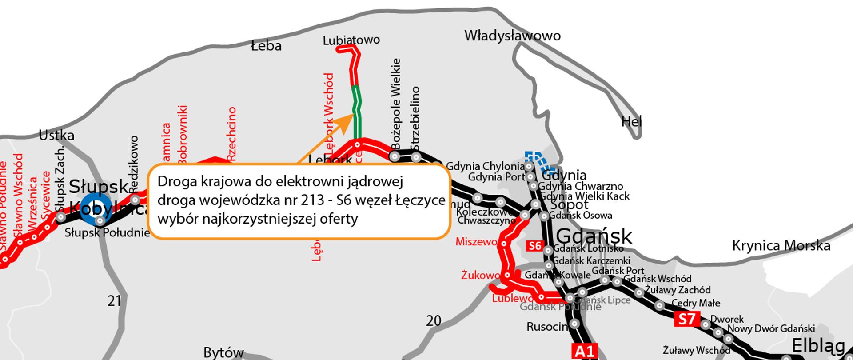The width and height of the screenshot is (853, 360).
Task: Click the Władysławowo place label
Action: click(512, 36)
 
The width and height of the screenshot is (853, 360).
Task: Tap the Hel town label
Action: click(631, 121)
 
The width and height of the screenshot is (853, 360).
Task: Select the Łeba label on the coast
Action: click(266, 46)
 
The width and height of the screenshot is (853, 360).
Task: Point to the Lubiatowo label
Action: click(351, 40)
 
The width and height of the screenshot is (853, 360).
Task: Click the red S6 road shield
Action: click(535, 246)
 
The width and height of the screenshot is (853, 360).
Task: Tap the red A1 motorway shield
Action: click(585, 351)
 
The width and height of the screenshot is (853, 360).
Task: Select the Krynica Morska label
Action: click(781, 246)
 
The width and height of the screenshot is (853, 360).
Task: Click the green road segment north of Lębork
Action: click(356, 111)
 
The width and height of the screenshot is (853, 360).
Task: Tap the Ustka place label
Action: click(56, 135)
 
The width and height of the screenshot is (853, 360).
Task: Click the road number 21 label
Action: click(114, 301)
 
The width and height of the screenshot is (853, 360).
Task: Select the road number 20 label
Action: click(434, 320)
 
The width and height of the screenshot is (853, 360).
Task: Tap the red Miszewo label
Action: click(476, 242)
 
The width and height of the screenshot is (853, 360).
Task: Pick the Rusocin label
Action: click(547, 327)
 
